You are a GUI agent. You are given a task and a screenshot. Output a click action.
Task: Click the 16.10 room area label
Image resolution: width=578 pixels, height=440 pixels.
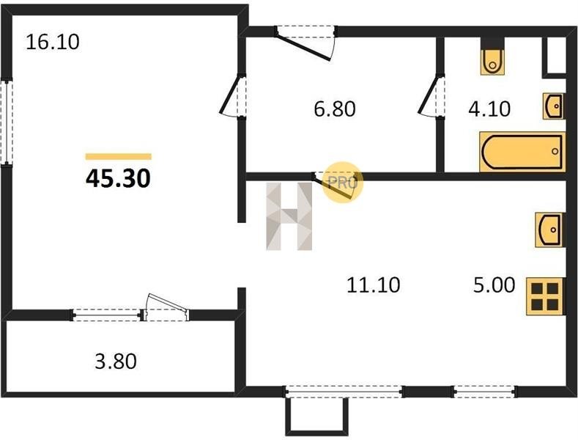click(52, 42)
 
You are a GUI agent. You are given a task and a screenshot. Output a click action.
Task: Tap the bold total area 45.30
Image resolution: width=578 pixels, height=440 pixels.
click(118, 177)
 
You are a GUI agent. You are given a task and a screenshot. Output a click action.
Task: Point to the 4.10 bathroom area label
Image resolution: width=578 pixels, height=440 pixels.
click(489, 109)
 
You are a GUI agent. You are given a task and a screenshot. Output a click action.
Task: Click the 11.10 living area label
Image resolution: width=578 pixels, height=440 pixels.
click(373, 285)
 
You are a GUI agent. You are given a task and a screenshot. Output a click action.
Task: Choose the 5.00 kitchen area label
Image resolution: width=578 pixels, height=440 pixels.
click(494, 285)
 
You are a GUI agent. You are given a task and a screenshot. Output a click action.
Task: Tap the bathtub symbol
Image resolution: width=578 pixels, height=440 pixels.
click(522, 151)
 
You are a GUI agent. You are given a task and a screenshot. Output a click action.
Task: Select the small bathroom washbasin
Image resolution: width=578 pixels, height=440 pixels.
click(553, 106)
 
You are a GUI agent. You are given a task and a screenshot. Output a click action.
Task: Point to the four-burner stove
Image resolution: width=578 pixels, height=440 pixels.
click(545, 296)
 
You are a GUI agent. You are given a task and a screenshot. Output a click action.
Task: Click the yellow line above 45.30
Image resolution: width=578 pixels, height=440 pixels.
click(118, 156)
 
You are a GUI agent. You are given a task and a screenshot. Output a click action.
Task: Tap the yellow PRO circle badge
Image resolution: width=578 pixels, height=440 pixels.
click(342, 182)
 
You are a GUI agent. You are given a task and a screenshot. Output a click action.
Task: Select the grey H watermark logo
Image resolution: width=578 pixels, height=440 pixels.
click(289, 216)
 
